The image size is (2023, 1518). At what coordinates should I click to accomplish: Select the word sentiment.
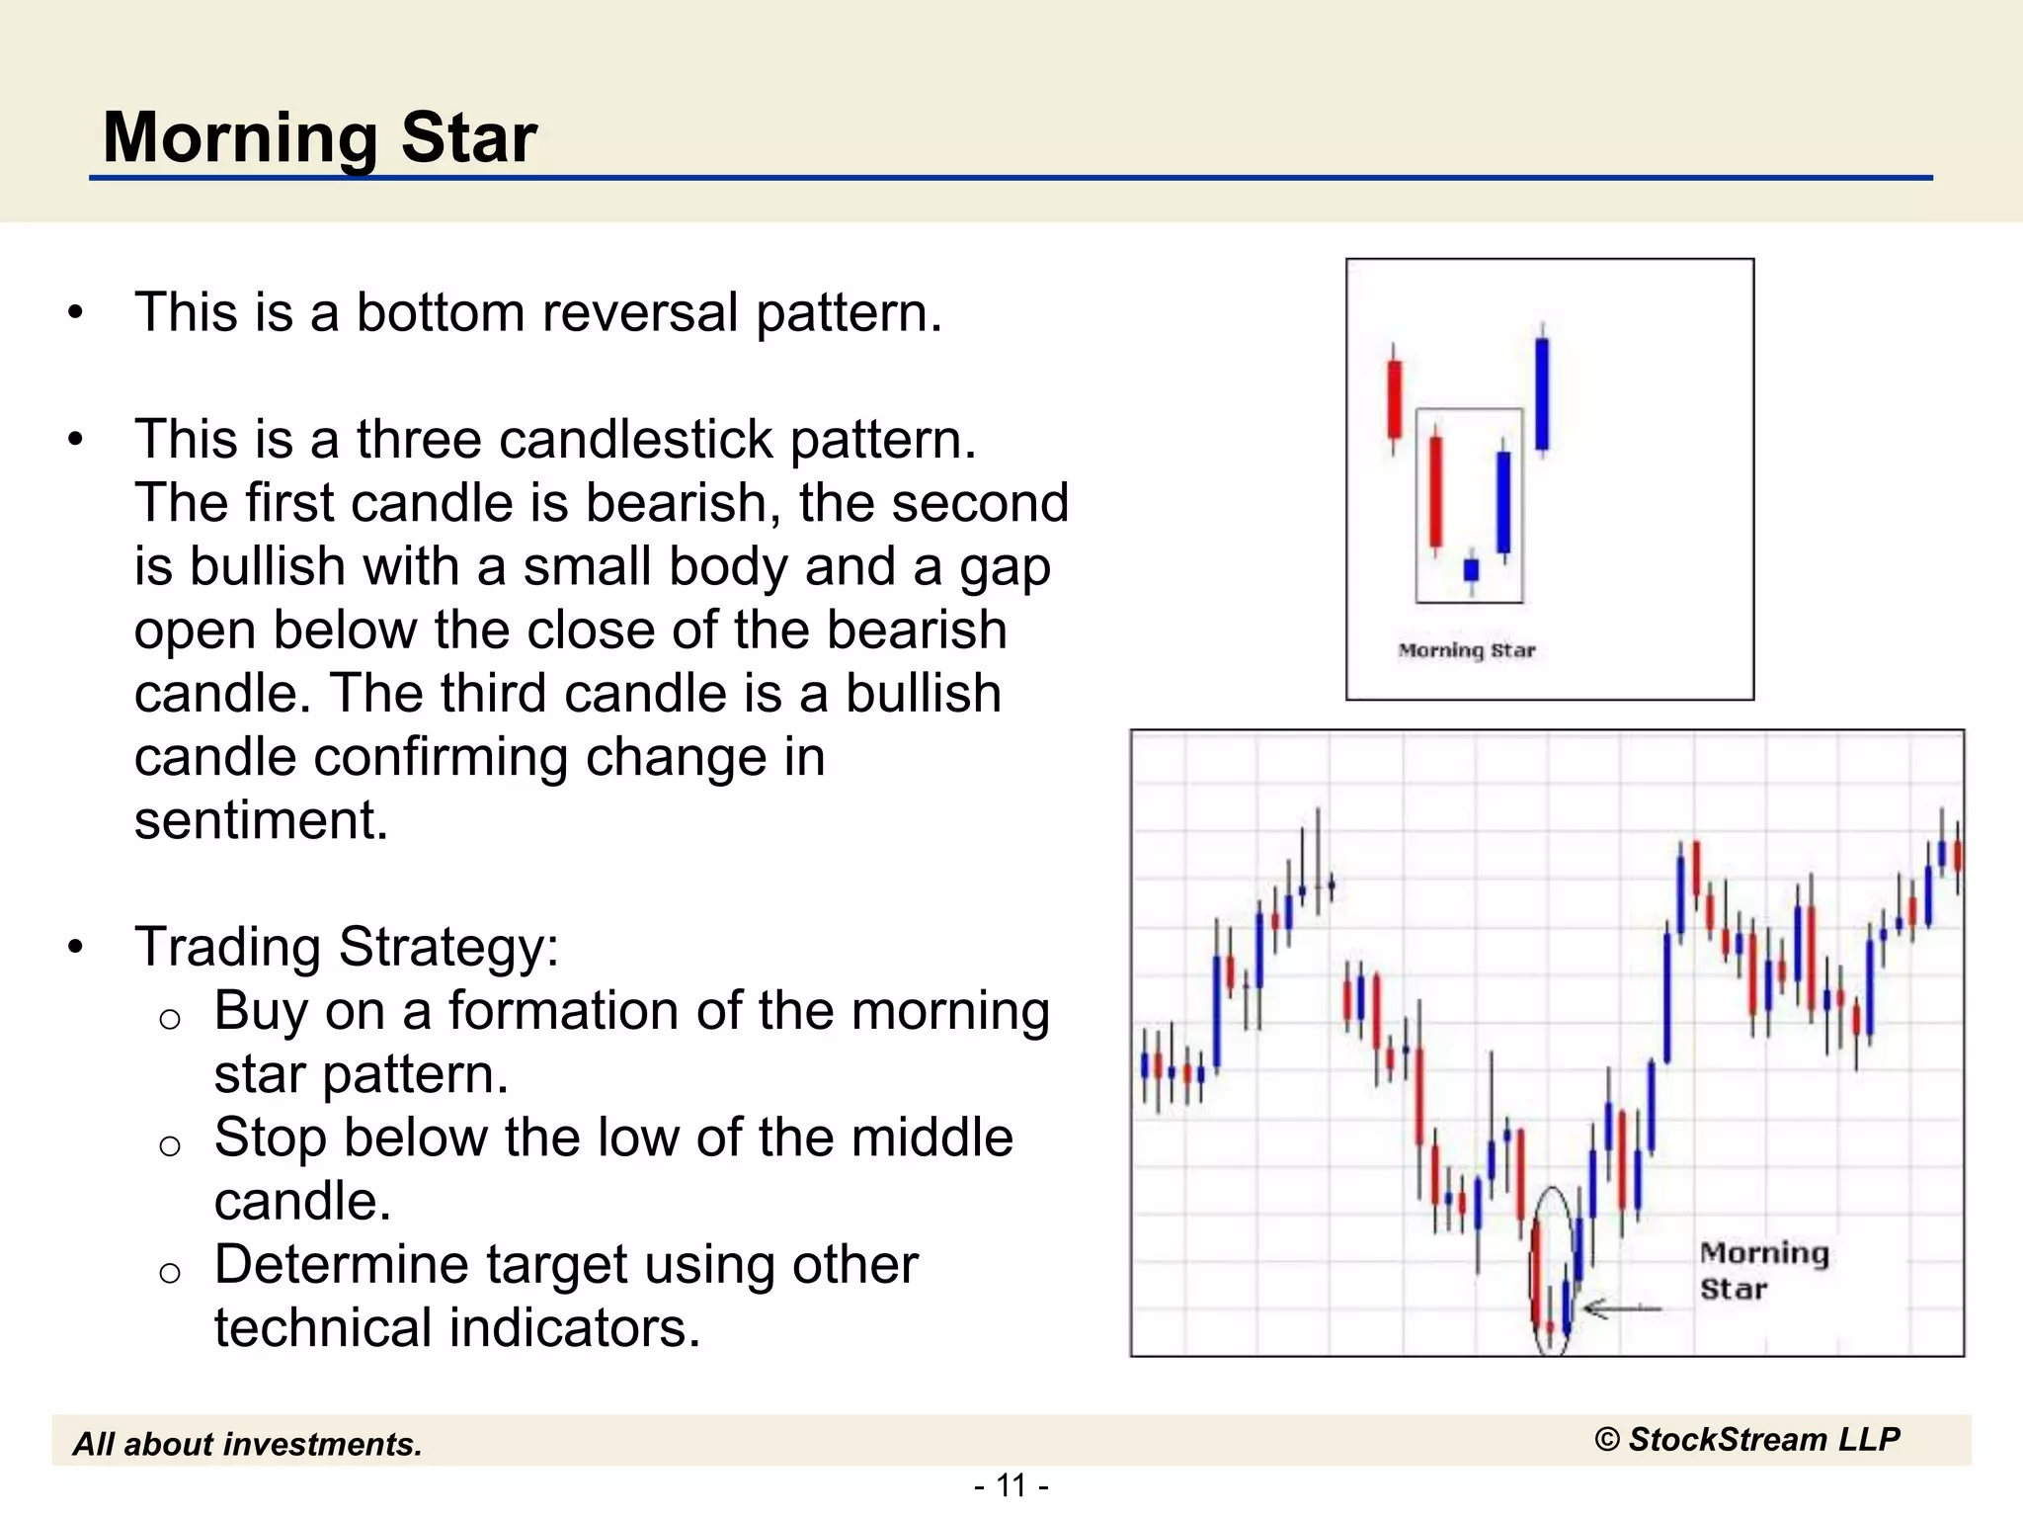coord(261,820)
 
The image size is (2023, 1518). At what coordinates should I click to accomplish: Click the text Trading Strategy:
coord(347,947)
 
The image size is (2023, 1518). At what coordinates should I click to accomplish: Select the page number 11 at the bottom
coord(1011,1485)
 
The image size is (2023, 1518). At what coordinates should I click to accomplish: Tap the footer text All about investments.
coord(247,1444)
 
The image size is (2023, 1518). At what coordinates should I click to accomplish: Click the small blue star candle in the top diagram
coord(1471,570)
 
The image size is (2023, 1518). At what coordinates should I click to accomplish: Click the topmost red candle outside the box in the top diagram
coord(1394,399)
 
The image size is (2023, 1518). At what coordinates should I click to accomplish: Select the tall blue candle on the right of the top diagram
coord(1542,393)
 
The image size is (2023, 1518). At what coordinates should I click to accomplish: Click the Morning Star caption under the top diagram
coord(1467,650)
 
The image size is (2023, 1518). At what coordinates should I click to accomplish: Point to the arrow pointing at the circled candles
coord(1620,1309)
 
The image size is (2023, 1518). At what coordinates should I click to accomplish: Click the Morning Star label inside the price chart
coord(1763,1270)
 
